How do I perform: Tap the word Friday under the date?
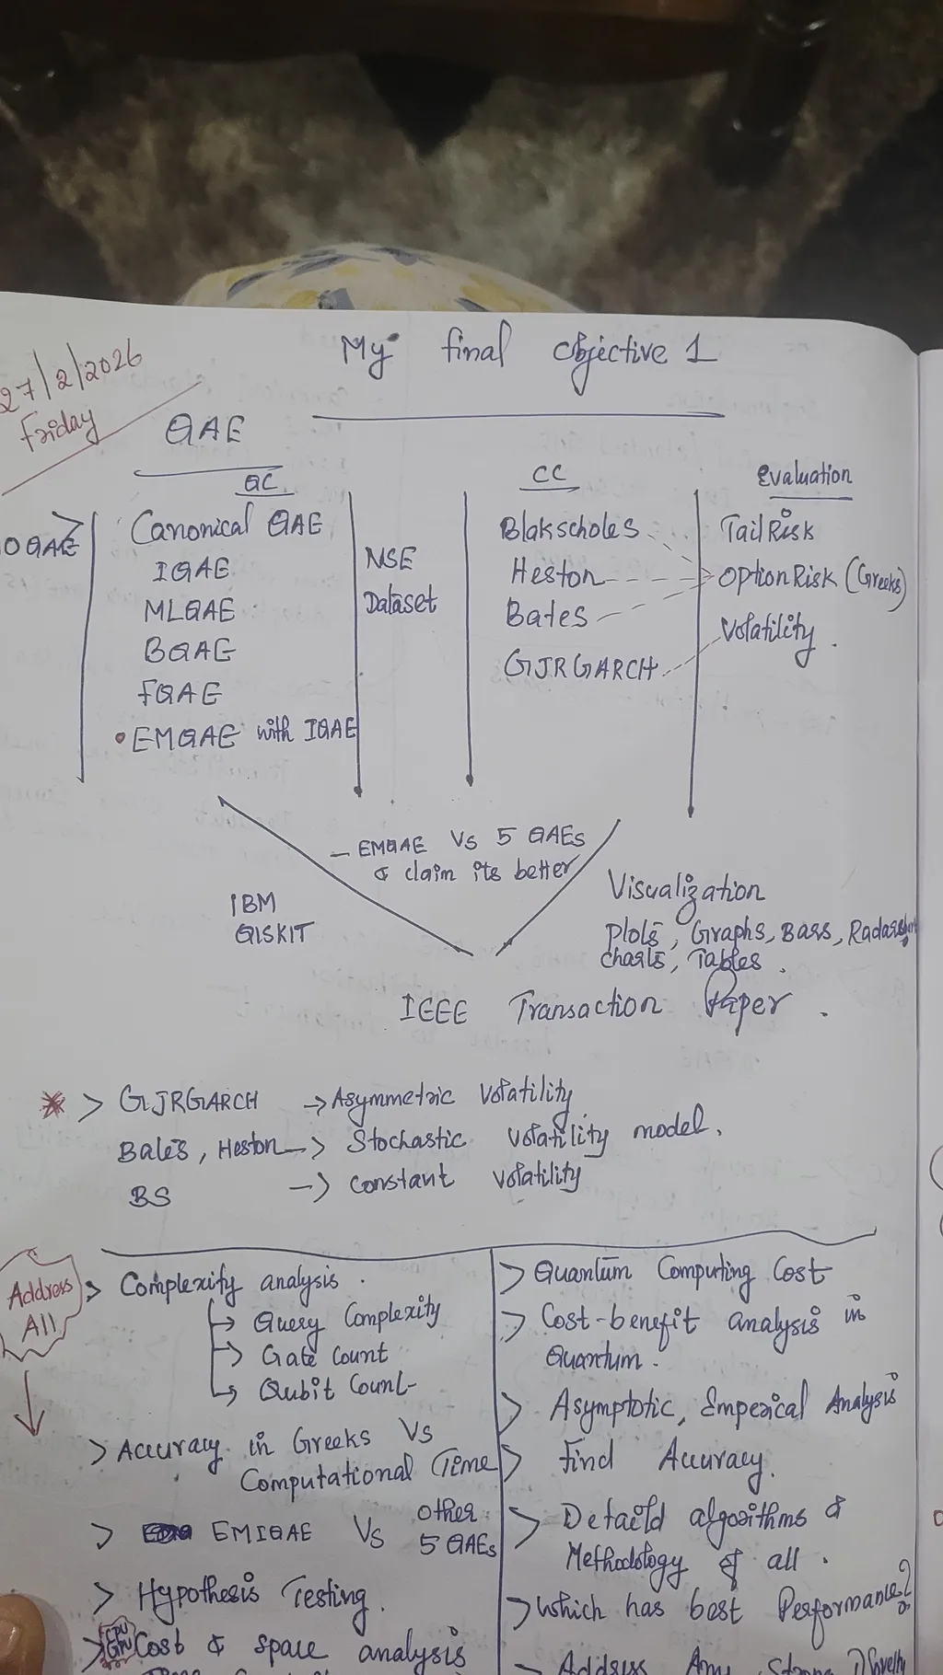point(57,427)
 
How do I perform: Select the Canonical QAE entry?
point(227,526)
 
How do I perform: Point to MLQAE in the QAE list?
point(189,610)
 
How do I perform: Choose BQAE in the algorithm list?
point(189,651)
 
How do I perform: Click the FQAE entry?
point(180,692)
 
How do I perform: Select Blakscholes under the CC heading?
point(568,528)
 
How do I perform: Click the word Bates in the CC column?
point(545,615)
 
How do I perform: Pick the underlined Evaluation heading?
point(804,477)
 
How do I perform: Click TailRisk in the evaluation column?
point(767,529)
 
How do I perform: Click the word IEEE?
point(435,1011)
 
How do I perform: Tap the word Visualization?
point(684,891)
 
